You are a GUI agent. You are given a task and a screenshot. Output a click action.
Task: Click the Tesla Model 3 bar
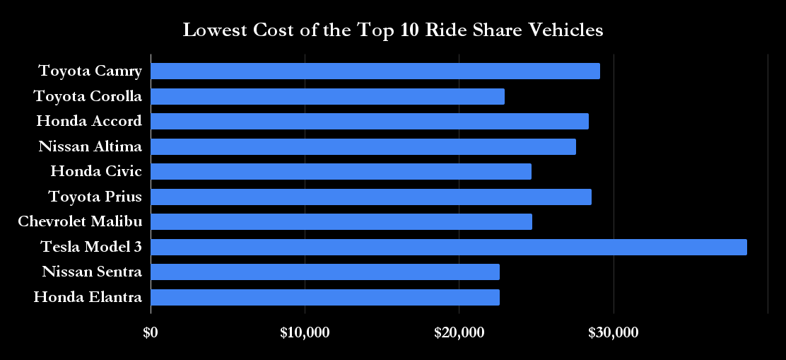coord(449,247)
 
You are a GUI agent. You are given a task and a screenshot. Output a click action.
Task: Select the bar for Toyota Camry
coord(375,71)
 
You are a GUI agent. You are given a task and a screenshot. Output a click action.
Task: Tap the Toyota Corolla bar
coord(328,96)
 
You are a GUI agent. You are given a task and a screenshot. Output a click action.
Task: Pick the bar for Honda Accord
coord(370,122)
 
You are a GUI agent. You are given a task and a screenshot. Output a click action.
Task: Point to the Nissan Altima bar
coord(363,146)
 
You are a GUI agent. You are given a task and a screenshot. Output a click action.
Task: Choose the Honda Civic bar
coord(341,171)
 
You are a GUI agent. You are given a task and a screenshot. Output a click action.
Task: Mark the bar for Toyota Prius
coord(371,197)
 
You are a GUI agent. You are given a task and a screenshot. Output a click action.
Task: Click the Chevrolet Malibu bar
coord(341,221)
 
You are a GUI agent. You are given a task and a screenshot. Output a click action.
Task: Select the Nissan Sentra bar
coord(325,272)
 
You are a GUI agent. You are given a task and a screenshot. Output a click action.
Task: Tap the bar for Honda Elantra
coord(325,297)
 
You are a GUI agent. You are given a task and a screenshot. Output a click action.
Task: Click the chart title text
coord(393,30)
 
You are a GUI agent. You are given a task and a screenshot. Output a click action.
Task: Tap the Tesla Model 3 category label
coord(91,247)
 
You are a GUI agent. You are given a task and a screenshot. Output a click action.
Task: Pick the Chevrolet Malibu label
coord(80,221)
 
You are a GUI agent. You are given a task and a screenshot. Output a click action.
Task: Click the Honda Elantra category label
coord(88,297)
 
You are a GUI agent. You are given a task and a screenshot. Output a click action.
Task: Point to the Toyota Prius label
coord(95,197)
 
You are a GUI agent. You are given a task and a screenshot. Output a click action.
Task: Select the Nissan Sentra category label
coord(92,272)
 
